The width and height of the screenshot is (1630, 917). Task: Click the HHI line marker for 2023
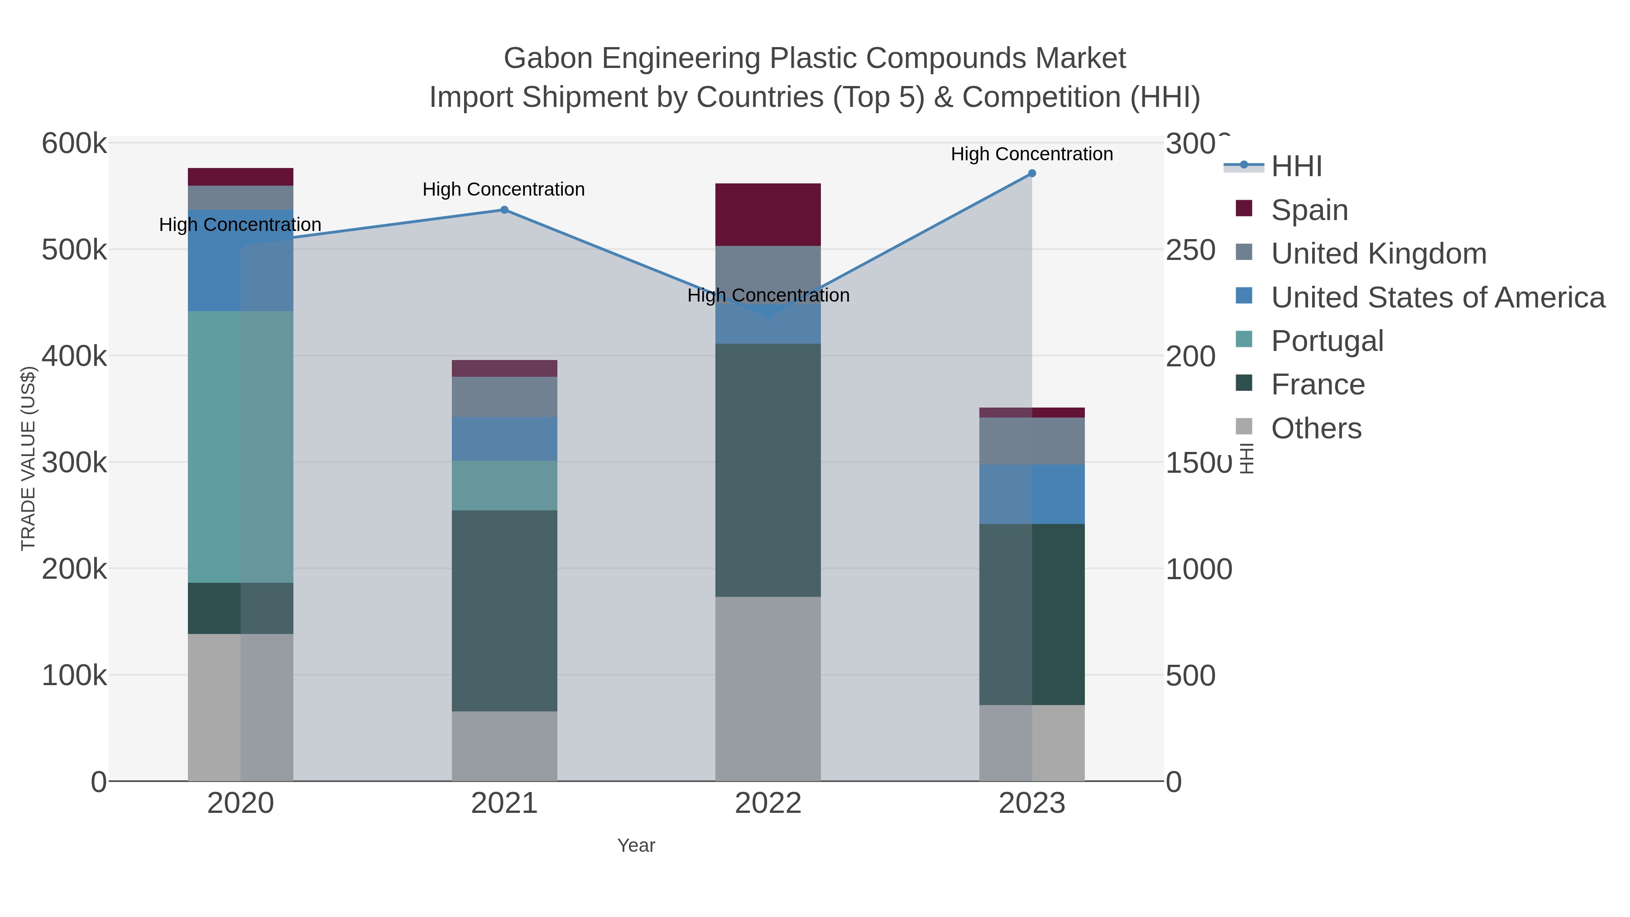1031,173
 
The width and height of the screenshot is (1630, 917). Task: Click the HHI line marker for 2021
504,210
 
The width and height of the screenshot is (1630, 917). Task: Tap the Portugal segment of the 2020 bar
240,447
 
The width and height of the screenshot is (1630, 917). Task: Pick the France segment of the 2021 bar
504,611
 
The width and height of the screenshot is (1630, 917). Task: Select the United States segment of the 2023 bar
1031,494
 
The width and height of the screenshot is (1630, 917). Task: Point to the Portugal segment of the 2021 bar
504,485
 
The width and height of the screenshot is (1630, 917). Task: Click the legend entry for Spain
1309,210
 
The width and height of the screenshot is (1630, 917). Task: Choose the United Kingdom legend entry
1378,254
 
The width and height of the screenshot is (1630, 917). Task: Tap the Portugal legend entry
1327,341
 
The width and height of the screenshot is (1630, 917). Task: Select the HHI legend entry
1296,167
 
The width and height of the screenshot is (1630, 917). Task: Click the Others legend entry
1315,428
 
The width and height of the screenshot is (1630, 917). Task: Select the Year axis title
636,845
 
